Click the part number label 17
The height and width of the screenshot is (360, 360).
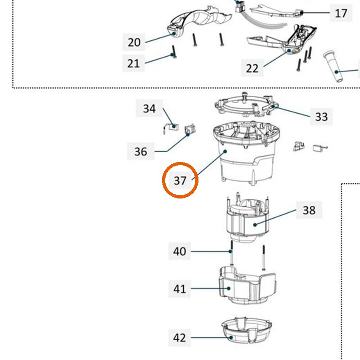coord(341,13)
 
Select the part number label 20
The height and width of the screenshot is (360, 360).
coord(134,42)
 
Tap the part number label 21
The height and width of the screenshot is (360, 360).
coord(133,63)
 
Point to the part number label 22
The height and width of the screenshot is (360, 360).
coord(252,68)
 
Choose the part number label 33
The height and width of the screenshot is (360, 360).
coord(321,117)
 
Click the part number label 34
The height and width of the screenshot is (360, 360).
coord(149,108)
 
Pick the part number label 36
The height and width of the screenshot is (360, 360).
coord(140,151)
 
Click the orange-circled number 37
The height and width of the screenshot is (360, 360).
coord(180,180)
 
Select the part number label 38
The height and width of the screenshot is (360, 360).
coord(309,210)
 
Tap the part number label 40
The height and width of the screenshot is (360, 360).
coord(180,251)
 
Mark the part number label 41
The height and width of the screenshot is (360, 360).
coord(180,288)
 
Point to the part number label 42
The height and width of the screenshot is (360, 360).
coord(180,337)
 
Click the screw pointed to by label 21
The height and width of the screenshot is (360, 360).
coord(174,52)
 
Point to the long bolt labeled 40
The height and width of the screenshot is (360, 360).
coord(231,252)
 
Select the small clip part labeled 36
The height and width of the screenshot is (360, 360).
coord(190,130)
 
